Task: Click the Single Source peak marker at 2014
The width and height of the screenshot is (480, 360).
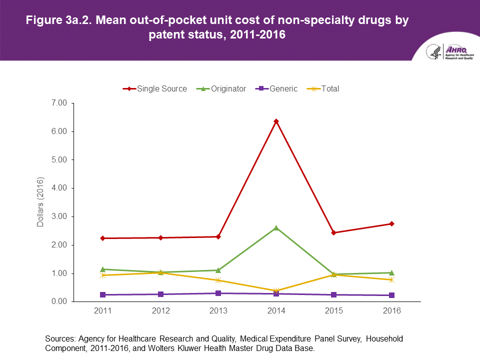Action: point(276,121)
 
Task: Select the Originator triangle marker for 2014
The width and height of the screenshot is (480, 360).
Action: point(276,228)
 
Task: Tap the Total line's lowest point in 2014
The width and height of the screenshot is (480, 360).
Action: point(276,291)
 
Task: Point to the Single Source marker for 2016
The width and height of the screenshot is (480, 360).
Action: point(391,223)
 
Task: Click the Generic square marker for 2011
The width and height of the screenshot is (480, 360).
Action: point(103,295)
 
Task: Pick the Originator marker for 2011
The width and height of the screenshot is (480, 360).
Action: point(103,269)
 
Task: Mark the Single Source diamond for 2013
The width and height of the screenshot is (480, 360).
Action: point(218,236)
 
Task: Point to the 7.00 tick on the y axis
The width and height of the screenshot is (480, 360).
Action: point(58,103)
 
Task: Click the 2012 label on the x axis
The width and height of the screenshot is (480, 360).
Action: point(160,311)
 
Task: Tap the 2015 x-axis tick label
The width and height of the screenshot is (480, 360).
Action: point(334,311)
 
